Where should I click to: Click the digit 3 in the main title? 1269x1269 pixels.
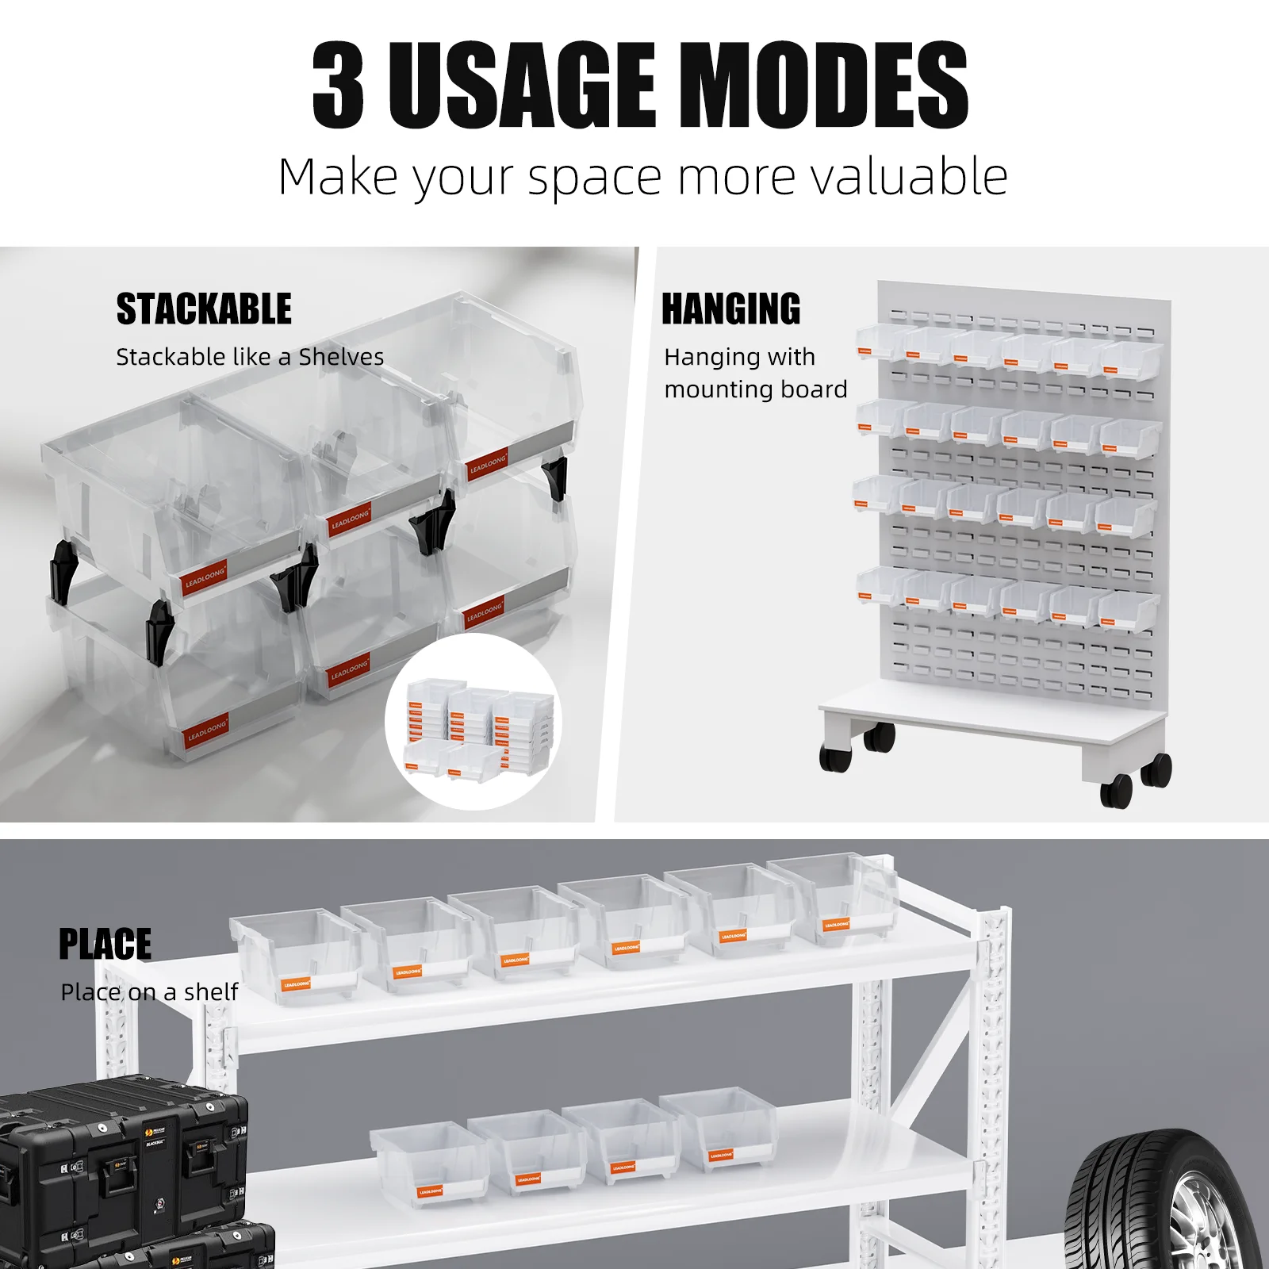pos(339,86)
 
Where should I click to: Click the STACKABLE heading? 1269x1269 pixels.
pos(204,309)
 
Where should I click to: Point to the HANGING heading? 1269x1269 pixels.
pos(731,309)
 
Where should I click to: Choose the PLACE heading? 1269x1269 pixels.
pos(105,945)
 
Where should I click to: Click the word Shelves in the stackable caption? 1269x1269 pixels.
pos(341,357)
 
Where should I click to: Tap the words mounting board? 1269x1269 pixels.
pos(756,389)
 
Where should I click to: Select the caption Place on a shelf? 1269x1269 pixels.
pos(149,992)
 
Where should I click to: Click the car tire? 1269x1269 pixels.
pos(1166,1202)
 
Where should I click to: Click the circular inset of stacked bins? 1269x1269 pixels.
pos(474,722)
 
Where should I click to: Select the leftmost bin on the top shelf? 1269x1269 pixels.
pos(293,956)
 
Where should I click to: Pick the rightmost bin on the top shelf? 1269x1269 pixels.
pos(837,900)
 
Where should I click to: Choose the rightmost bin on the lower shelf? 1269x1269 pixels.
pos(718,1130)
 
